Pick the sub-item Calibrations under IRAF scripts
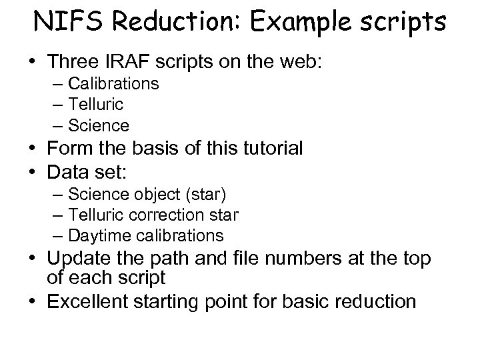115,83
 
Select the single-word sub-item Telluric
96,104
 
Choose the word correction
177,215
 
